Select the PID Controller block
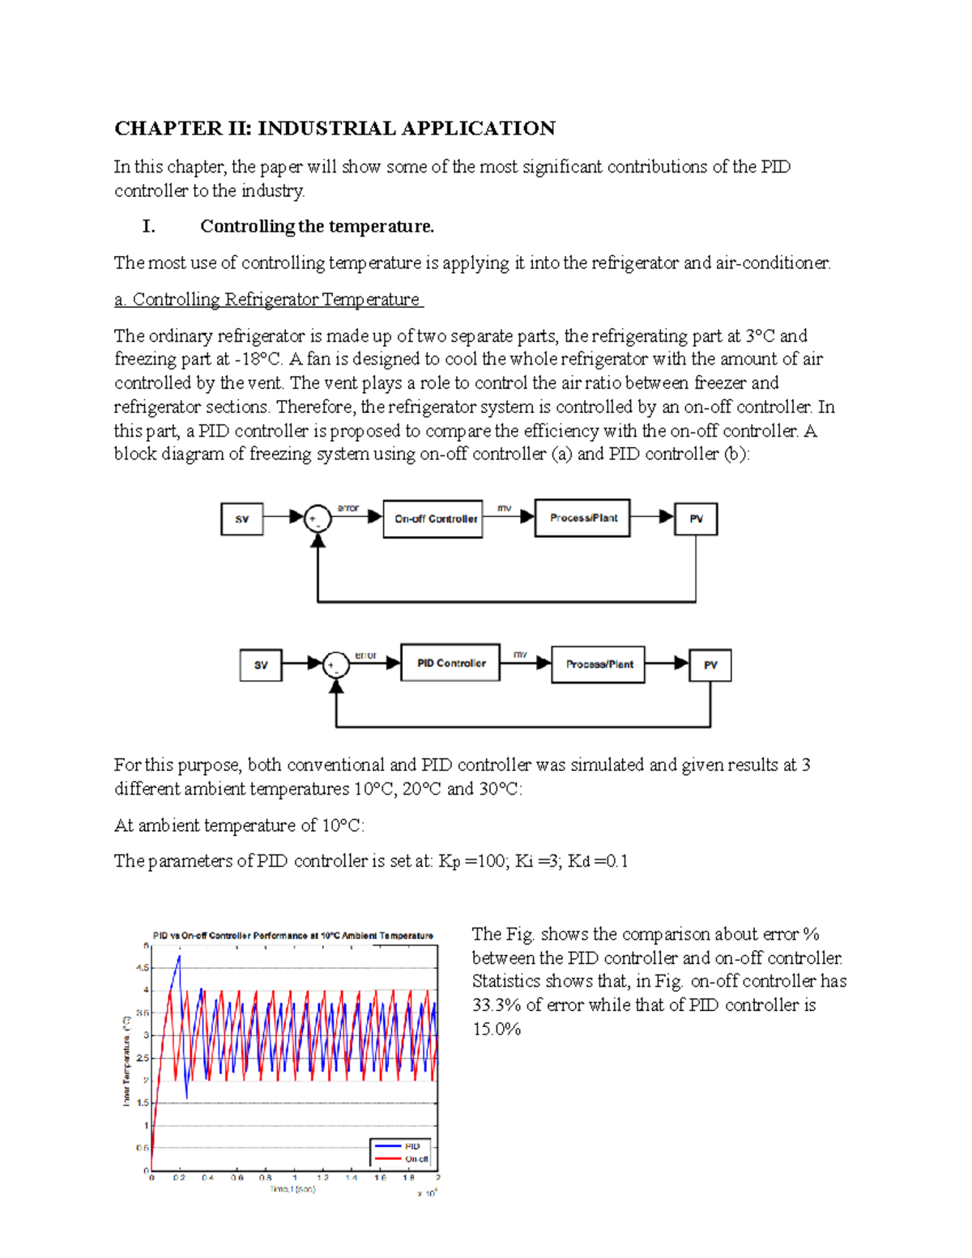450,663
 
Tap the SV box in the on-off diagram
241,519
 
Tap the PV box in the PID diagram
710,665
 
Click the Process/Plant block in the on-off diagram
582,518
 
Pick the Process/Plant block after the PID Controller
599,664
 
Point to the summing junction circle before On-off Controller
318,519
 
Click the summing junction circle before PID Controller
335,665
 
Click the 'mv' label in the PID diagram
520,654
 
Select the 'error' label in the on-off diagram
348,508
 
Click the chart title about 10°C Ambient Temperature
293,936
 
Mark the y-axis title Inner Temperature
126,1060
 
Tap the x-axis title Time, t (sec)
292,1189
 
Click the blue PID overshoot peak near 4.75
179,957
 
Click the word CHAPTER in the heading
168,129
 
